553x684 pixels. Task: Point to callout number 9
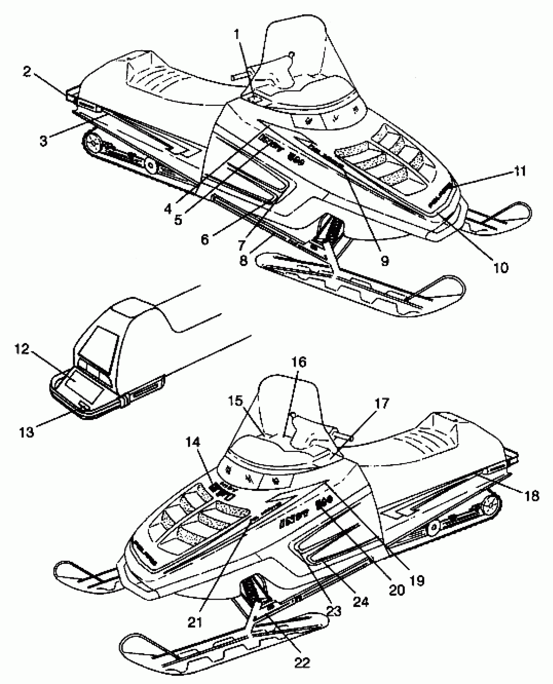[x=385, y=260]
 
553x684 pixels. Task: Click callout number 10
[x=500, y=267]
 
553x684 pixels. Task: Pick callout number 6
[x=205, y=240]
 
